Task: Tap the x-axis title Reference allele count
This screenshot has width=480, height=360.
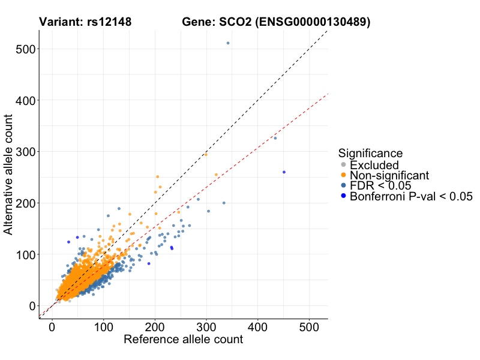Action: click(x=183, y=340)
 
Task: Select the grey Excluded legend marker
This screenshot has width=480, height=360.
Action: click(x=343, y=165)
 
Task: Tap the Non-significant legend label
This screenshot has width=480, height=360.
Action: click(x=389, y=175)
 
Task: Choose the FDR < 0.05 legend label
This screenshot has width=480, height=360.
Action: click(x=382, y=185)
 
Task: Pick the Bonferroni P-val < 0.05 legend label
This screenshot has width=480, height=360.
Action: click(x=411, y=196)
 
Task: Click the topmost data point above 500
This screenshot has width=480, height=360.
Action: click(x=228, y=43)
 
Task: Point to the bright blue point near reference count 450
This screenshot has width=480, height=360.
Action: click(x=284, y=172)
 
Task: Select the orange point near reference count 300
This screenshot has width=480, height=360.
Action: click(x=206, y=154)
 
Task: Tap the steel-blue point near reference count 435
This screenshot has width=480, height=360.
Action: click(x=275, y=138)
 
